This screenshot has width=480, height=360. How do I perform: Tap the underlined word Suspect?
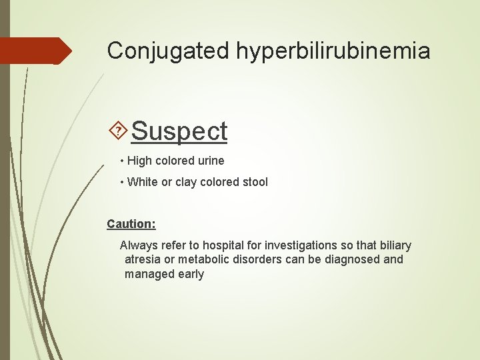pos(179,131)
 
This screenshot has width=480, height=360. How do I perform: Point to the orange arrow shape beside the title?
pos(37,51)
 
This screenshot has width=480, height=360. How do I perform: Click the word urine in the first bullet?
pos(210,161)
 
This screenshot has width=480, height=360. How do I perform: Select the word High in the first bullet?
pos(139,161)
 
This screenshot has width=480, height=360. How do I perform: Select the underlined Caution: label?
pos(131,224)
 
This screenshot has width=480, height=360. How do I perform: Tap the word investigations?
pos(279,245)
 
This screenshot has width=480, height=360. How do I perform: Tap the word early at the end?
pos(191,274)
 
